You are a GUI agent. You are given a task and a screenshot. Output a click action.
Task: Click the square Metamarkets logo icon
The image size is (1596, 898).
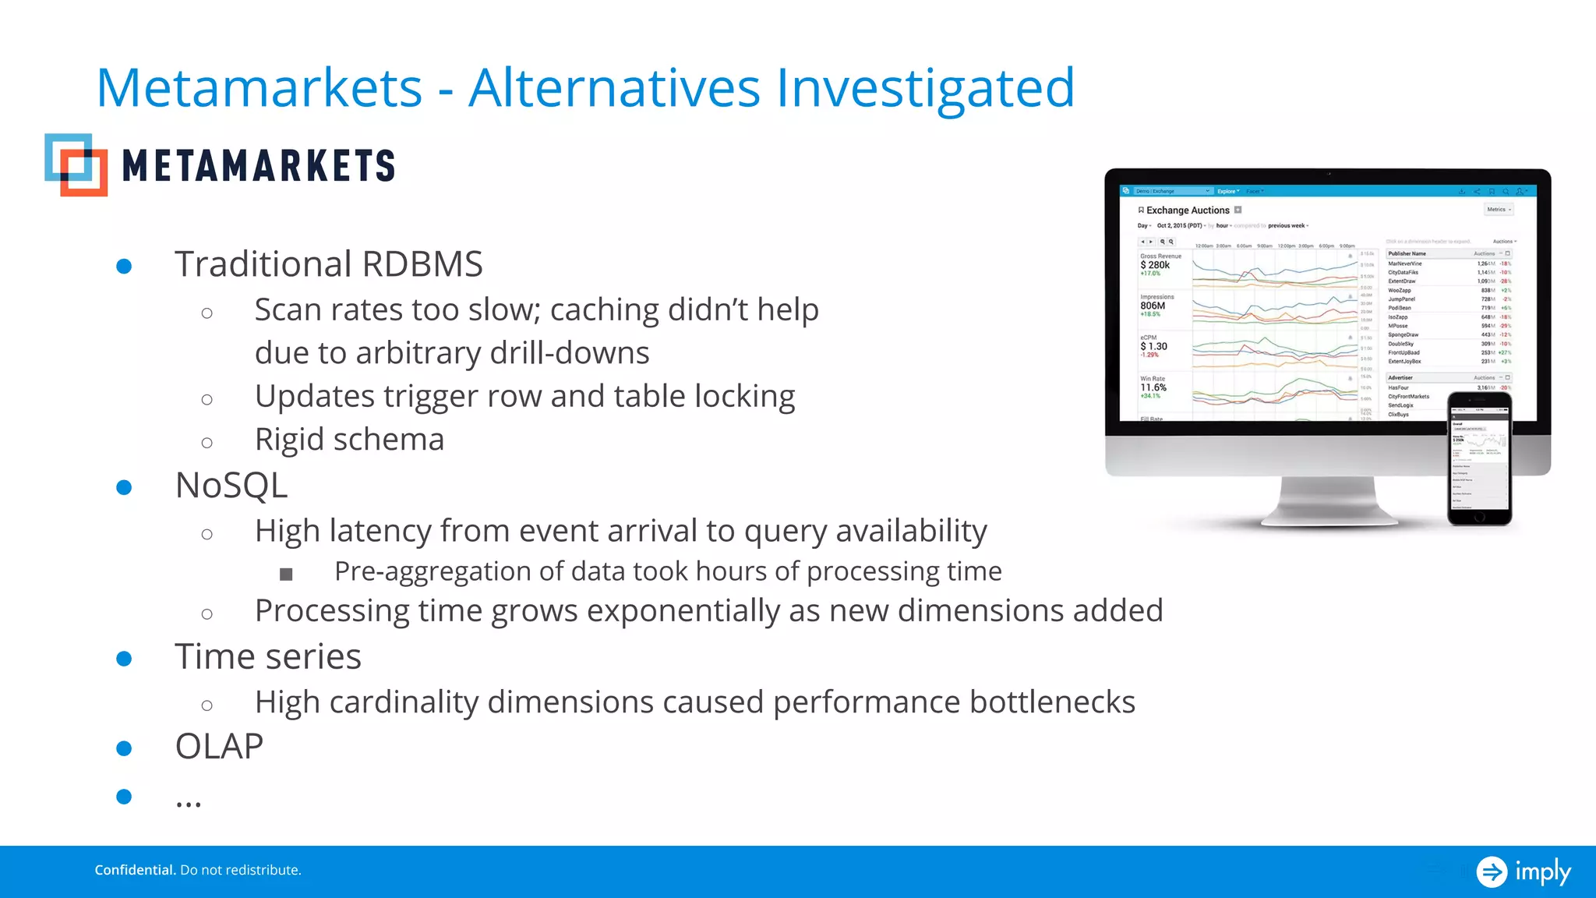tap(76, 164)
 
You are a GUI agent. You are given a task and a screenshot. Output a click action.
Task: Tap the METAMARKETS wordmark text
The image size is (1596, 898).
tap(259, 166)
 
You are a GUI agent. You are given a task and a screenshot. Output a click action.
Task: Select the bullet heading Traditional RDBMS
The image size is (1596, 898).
tap(328, 264)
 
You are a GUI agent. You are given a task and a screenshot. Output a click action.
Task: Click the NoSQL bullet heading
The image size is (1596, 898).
tap(231, 486)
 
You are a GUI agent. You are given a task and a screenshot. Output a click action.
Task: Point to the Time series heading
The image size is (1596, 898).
tap(268, 656)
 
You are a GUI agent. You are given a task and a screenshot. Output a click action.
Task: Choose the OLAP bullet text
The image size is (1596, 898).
tap(219, 747)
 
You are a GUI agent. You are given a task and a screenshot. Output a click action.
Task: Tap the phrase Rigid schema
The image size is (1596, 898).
tap(349, 440)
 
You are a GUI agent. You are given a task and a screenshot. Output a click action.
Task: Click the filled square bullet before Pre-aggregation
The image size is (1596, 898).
tap(286, 575)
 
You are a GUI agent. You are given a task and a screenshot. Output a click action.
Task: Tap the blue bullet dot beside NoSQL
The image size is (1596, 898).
tap(124, 488)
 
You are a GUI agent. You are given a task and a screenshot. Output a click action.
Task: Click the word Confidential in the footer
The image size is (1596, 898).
tap(135, 870)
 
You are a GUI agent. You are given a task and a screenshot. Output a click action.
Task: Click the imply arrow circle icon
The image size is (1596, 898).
tap(1492, 871)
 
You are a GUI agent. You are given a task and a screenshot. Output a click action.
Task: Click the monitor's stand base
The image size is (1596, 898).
tap(1329, 514)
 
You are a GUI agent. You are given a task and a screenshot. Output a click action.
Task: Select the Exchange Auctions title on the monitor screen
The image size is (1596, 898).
tap(1187, 210)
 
